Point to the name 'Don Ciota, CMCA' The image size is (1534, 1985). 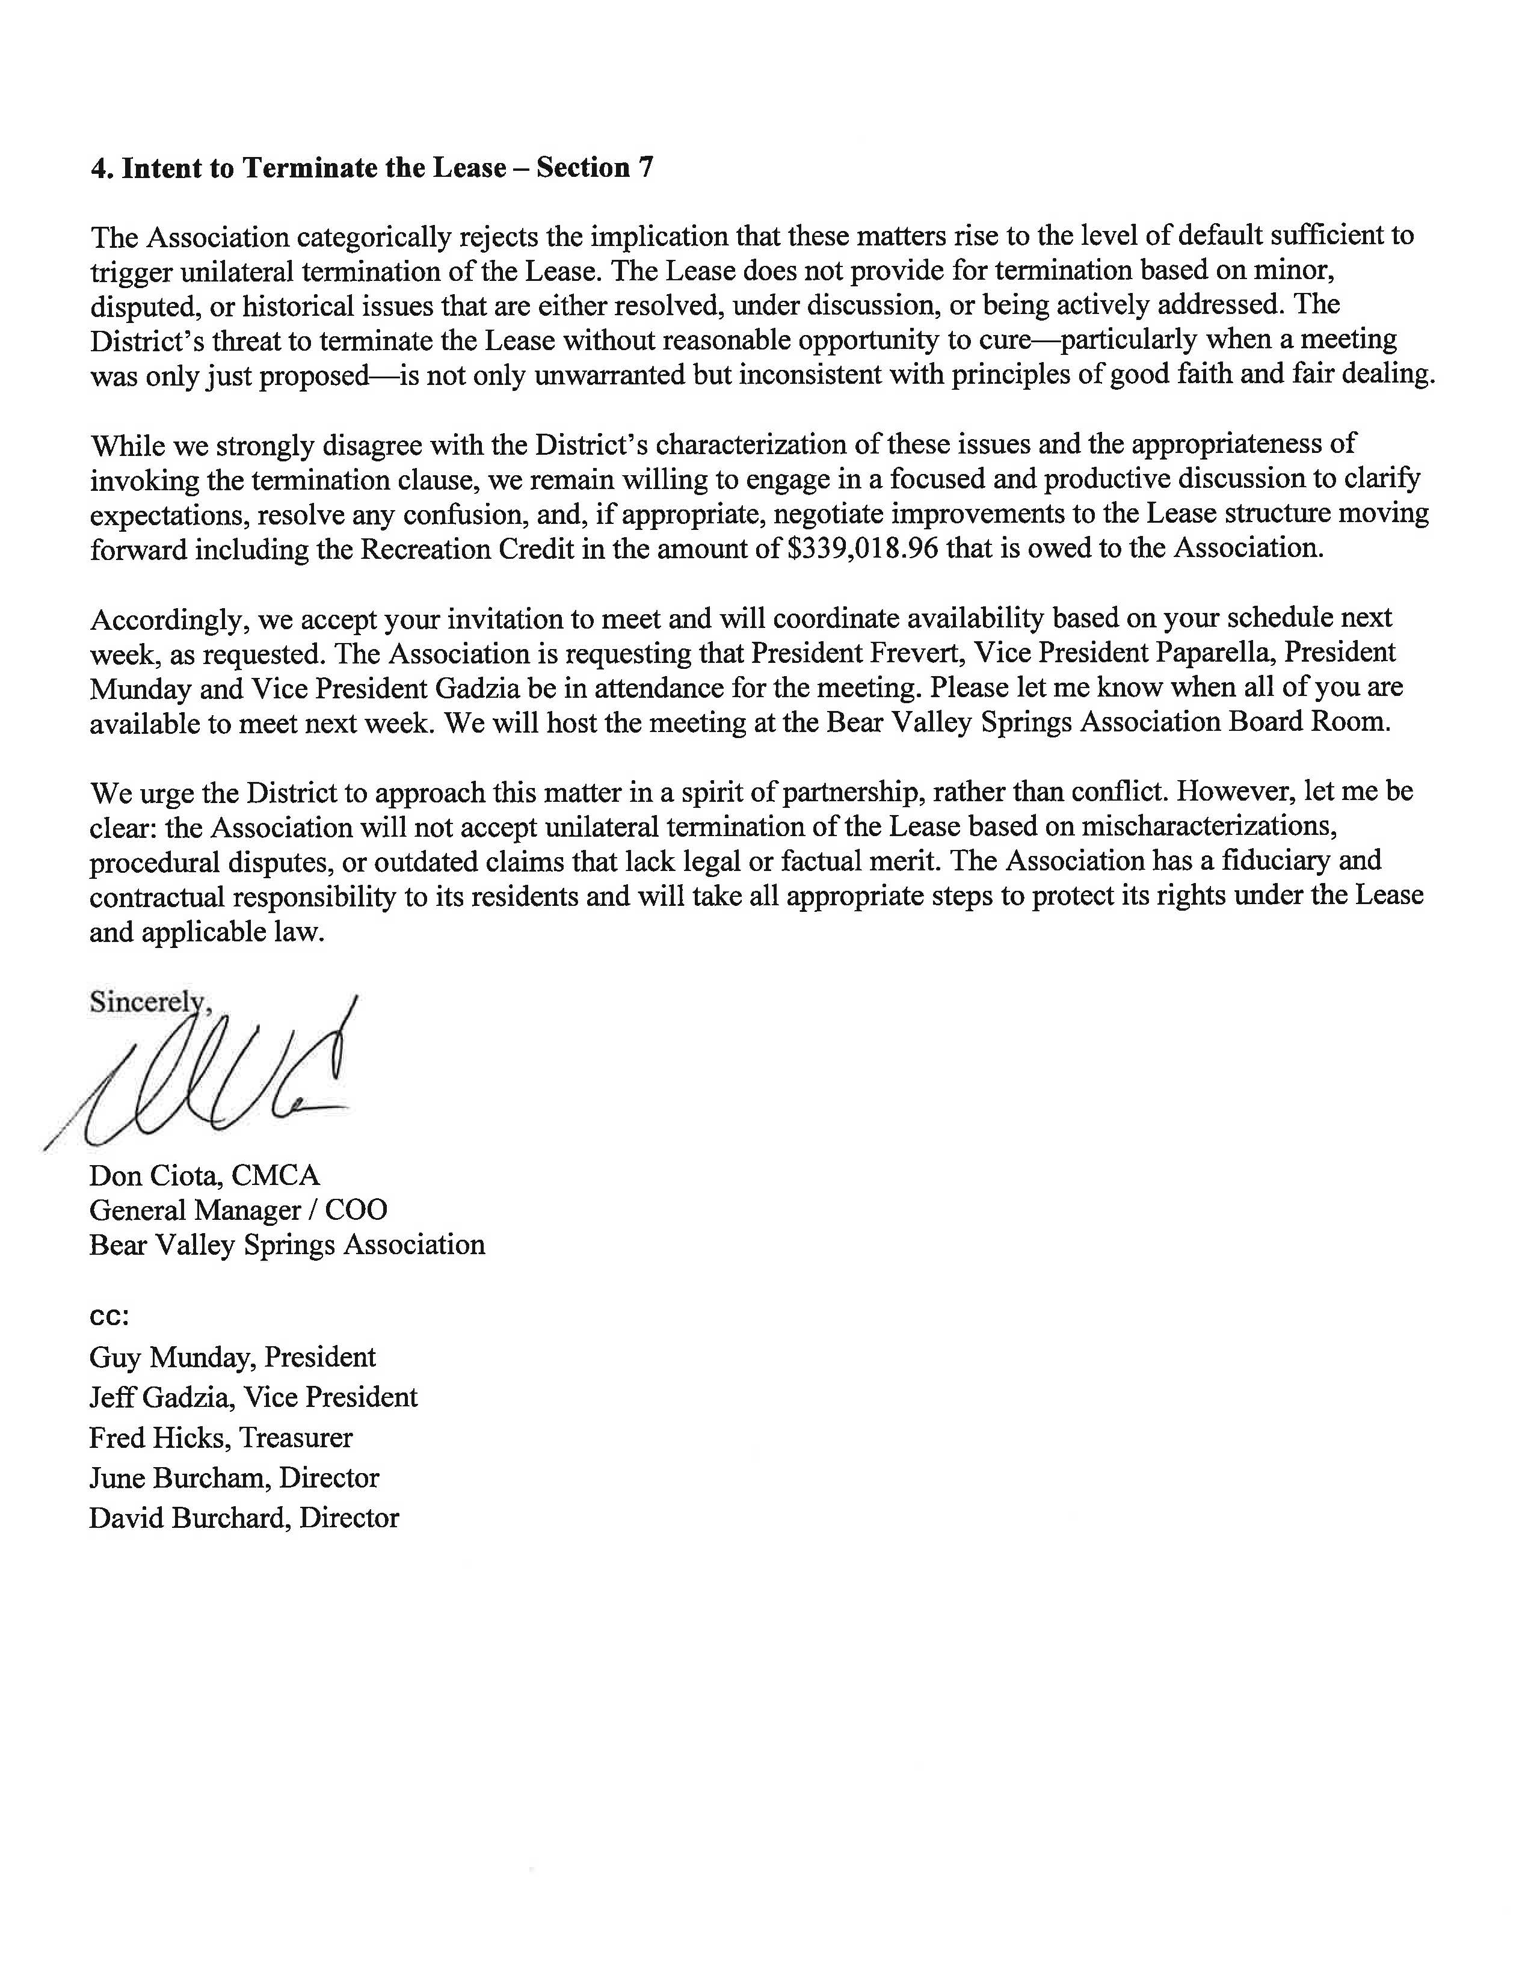[205, 1175]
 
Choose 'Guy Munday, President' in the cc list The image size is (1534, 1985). [232, 1357]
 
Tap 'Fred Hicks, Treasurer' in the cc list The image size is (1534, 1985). [220, 1437]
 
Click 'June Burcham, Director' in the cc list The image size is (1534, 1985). [233, 1478]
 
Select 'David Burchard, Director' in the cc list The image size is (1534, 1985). [244, 1518]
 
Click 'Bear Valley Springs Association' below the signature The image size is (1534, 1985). [286, 1245]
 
